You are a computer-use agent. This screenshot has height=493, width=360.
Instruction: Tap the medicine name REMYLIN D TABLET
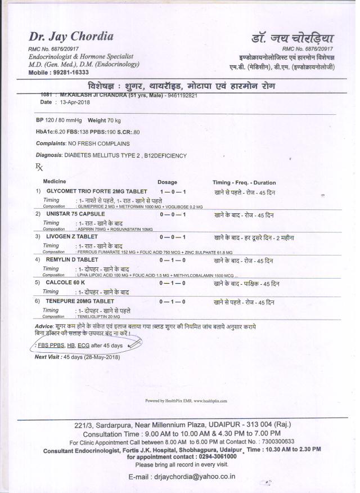pyautogui.click(x=73, y=261)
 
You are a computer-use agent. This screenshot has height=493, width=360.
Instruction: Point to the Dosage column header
pyautogui.click(x=167, y=182)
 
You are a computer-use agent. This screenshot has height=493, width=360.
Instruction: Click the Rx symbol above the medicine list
pyautogui.click(x=39, y=167)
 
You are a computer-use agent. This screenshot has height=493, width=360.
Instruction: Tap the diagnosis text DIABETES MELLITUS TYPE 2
pyautogui.click(x=102, y=155)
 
